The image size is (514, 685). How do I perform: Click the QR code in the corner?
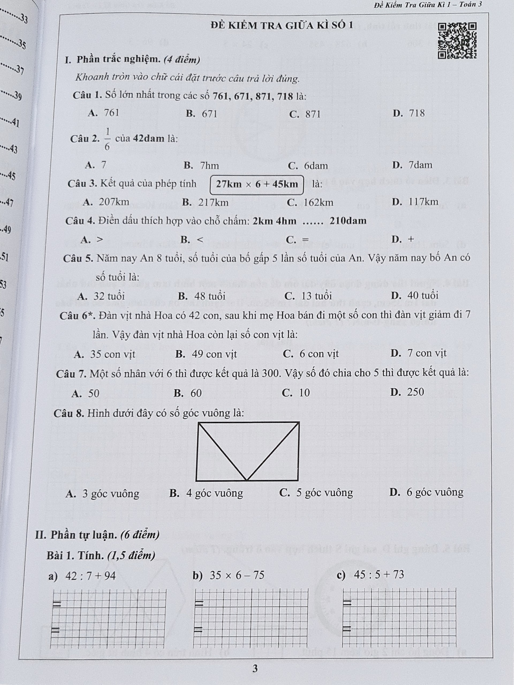[x=457, y=41]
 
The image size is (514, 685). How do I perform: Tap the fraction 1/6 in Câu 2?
[x=107, y=139]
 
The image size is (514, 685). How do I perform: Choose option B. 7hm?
[x=201, y=166]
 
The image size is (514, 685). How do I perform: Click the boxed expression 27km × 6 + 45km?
[x=257, y=185]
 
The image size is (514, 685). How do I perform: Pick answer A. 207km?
[x=106, y=202]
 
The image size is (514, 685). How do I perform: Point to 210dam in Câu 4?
[x=348, y=221]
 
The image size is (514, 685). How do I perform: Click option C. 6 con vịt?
[x=311, y=354]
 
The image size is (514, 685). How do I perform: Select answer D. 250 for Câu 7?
[x=407, y=392]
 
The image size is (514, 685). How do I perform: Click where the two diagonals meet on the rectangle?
[x=247, y=480]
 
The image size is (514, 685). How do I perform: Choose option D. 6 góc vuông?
[x=426, y=492]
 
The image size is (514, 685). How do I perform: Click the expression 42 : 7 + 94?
[x=90, y=576]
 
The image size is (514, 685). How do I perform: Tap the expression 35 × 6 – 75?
[x=237, y=575]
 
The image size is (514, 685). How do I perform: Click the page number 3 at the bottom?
[x=255, y=669]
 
